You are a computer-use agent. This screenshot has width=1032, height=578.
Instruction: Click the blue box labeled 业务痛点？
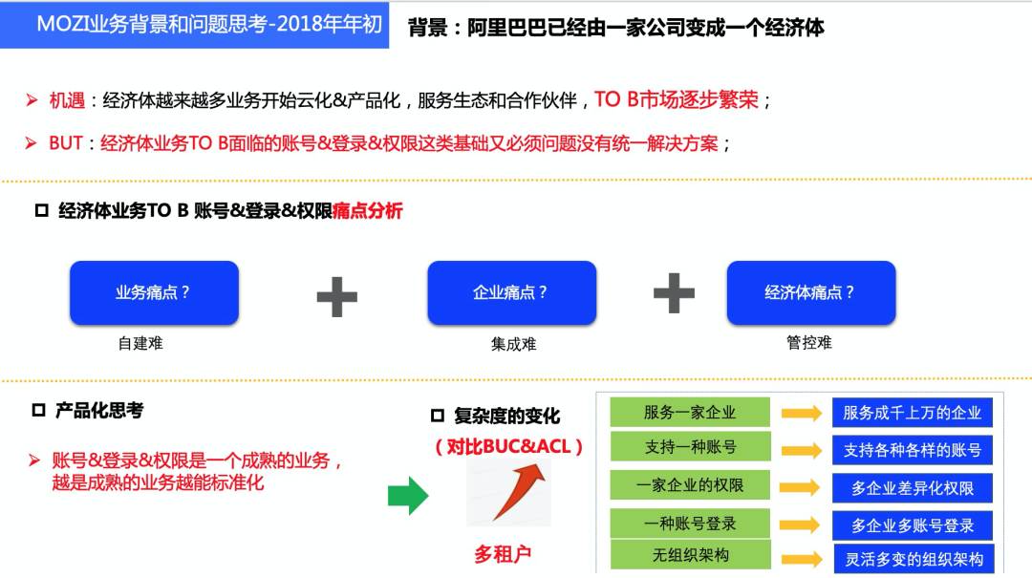(154, 292)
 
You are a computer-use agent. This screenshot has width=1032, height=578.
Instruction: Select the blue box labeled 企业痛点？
(511, 292)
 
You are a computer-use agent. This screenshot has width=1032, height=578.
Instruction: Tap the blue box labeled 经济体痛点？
(811, 292)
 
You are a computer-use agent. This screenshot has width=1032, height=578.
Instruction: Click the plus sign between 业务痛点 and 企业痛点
(337, 296)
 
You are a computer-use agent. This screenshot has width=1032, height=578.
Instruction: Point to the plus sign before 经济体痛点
(674, 293)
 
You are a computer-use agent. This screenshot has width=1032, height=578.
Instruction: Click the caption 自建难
(140, 343)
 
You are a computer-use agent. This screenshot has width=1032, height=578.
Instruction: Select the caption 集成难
(513, 344)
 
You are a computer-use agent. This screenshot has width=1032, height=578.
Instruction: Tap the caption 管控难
(809, 342)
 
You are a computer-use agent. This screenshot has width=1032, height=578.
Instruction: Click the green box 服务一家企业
(690, 412)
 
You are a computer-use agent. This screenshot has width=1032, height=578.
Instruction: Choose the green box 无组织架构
(690, 555)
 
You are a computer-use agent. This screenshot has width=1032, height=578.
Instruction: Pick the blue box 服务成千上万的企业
(913, 413)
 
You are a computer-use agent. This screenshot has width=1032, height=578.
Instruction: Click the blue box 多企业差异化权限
(913, 488)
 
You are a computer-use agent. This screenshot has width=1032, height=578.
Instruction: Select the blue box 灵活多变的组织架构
(914, 559)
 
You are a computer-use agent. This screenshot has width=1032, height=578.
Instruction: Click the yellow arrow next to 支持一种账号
(802, 450)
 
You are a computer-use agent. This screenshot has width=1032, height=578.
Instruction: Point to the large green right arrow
(408, 495)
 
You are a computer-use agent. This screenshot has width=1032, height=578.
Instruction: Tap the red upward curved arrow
(517, 490)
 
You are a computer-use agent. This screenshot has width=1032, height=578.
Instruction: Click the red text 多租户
(503, 554)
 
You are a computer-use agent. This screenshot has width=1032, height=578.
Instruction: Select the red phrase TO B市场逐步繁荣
(677, 99)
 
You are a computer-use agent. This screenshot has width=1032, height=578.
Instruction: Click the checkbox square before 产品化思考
(39, 410)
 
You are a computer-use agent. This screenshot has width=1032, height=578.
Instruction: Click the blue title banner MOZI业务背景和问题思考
(195, 25)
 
